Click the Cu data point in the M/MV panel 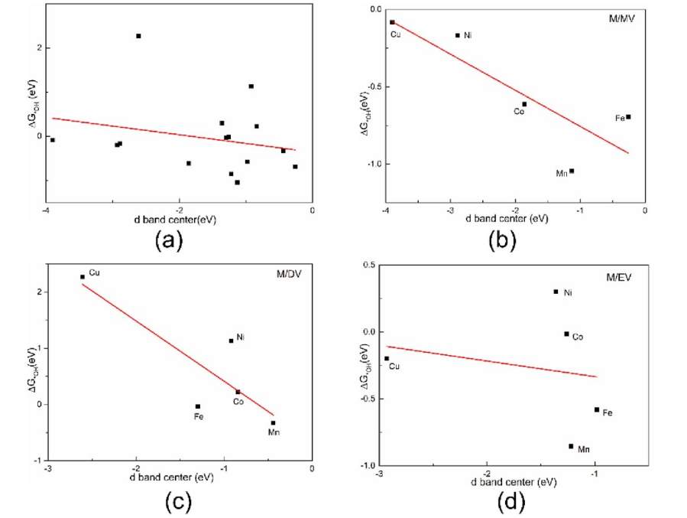point(392,22)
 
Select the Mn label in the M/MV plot point(561,174)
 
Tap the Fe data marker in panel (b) point(628,117)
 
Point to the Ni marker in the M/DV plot point(232,340)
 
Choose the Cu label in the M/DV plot point(94,272)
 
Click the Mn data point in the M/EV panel point(571,446)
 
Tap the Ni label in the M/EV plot point(569,292)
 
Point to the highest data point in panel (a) point(138,36)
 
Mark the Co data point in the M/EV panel point(566,334)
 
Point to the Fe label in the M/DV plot point(199,417)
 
